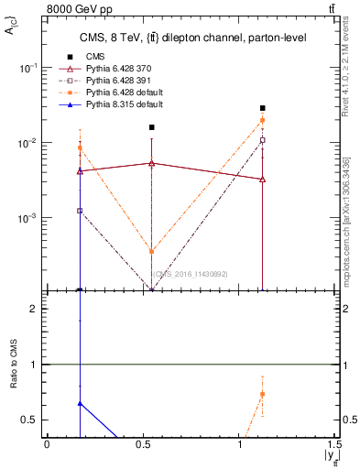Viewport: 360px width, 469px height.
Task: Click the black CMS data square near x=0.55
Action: pyautogui.click(x=152, y=127)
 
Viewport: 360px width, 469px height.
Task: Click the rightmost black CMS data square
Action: pyautogui.click(x=263, y=108)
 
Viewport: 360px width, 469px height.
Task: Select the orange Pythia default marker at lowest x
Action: pyautogui.click(x=81, y=147)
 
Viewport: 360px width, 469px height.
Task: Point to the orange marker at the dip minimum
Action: pyautogui.click(x=152, y=251)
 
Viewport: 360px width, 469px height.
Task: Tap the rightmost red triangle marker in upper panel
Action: pyautogui.click(x=263, y=180)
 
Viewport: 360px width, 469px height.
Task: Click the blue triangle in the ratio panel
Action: pyautogui.click(x=81, y=403)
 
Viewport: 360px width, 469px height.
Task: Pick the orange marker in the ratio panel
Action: pyautogui.click(x=263, y=394)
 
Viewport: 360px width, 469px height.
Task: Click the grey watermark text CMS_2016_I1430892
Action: pyautogui.click(x=190, y=273)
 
